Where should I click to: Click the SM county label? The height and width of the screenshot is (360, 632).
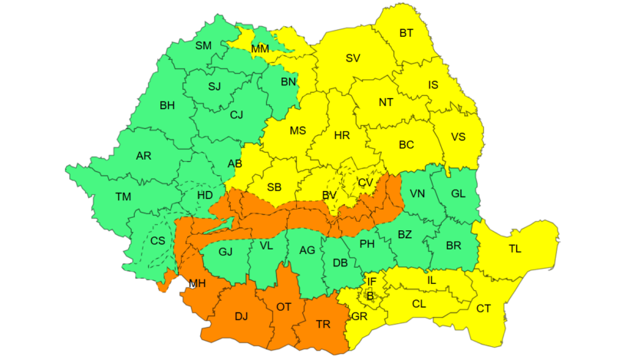pos(203,46)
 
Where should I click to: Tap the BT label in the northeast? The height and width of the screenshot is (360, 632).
pos(407,33)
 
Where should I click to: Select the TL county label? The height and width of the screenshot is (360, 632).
pos(516,249)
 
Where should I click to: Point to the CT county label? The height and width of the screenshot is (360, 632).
pos(483,309)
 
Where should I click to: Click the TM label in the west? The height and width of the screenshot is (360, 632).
pos(123,197)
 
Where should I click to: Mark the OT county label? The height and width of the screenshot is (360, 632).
pos(284,307)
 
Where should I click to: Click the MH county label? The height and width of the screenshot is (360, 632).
pos(197,283)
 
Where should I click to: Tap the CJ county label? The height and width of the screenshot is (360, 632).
pos(237,115)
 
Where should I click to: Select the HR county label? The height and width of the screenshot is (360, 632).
pos(342,135)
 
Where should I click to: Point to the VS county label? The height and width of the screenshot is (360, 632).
pos(458,137)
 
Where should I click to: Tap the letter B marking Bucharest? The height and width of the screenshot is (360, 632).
pos(370,295)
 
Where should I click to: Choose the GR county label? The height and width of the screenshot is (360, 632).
pos(359,316)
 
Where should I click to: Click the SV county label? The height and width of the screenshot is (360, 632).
pos(353,58)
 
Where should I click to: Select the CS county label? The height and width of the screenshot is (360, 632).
pos(157,241)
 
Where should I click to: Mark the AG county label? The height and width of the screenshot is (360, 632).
pos(307,250)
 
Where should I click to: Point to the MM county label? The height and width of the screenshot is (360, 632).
pos(260,49)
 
